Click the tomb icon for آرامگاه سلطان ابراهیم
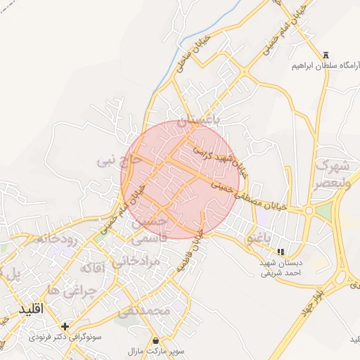[x=325, y=56]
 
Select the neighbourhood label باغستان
[x=198, y=122]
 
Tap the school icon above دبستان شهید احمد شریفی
[x=281, y=252]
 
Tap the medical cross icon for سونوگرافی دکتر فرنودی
[x=65, y=327]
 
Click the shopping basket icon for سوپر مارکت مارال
[x=155, y=340]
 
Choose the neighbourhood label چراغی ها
[x=73, y=290]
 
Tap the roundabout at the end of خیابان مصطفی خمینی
[x=307, y=210]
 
